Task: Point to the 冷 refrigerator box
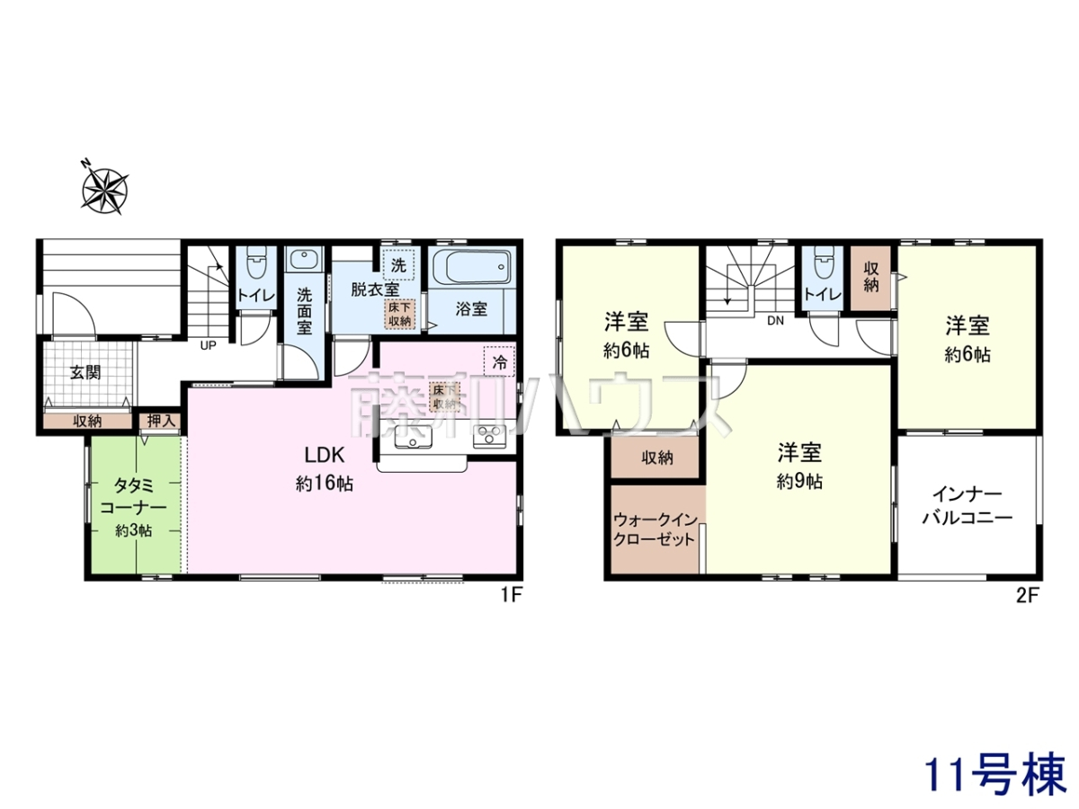(499, 362)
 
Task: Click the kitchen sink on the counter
(413, 437)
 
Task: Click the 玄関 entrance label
(85, 372)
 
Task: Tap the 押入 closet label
(161, 421)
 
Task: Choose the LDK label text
(325, 456)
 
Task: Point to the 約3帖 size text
(134, 530)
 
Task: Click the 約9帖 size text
(799, 481)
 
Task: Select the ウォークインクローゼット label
(655, 529)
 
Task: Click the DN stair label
(775, 321)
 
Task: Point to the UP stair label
(208, 345)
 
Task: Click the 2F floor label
(1027, 596)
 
